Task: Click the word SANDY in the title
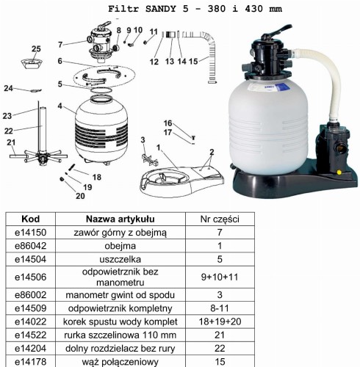(x=161, y=9)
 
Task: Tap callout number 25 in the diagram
(x=36, y=48)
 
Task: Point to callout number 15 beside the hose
(x=193, y=61)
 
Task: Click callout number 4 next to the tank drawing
(x=60, y=106)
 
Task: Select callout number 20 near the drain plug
(x=80, y=196)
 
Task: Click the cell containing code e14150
(x=31, y=232)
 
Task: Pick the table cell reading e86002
(x=31, y=295)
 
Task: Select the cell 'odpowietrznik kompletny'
(x=120, y=308)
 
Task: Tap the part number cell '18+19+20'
(x=220, y=321)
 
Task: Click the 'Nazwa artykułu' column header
(x=120, y=219)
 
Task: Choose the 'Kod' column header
(x=31, y=219)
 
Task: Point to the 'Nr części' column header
(x=220, y=219)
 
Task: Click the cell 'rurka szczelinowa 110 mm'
(x=120, y=335)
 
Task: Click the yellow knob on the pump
(x=339, y=172)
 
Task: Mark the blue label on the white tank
(x=281, y=87)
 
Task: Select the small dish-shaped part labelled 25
(x=32, y=63)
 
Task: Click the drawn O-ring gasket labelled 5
(x=101, y=90)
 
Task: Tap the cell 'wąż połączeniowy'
(x=120, y=362)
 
